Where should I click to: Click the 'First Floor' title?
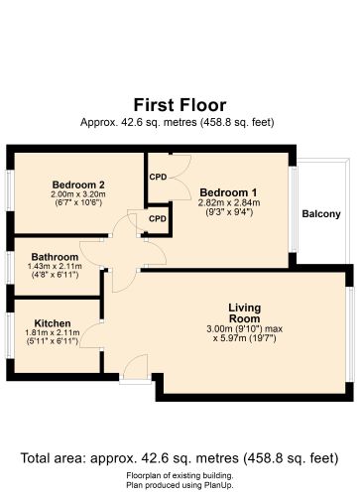click(180, 104)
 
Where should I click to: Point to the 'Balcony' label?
click(320, 214)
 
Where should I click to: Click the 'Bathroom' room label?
click(48, 255)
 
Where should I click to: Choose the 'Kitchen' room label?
click(51, 323)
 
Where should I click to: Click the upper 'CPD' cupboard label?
click(158, 178)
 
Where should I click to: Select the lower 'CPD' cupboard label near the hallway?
click(158, 218)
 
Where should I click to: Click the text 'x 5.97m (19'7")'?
click(244, 338)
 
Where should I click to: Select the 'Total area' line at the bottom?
click(180, 458)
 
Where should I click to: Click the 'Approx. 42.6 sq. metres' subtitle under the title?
click(180, 122)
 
